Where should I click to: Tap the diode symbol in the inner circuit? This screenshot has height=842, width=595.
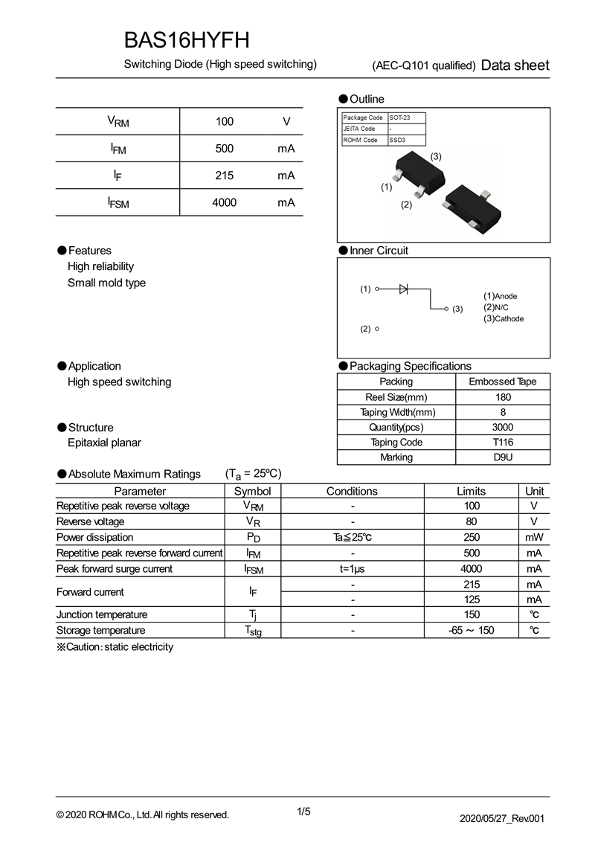click(403, 289)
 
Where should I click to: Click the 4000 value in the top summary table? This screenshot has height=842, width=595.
click(224, 202)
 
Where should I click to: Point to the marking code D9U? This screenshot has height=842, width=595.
click(503, 457)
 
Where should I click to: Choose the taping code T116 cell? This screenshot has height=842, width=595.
click(503, 442)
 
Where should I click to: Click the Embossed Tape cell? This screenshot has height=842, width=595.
click(503, 382)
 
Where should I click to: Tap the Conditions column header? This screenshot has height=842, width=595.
click(352, 491)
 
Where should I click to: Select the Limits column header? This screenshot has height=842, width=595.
click(471, 491)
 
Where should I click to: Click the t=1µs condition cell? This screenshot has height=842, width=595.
click(352, 569)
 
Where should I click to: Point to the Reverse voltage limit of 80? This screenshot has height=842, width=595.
click(471, 521)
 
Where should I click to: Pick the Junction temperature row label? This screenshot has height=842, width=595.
click(102, 614)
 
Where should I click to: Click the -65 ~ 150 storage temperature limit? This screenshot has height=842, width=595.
click(471, 631)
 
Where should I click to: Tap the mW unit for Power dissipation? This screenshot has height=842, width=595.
click(534, 537)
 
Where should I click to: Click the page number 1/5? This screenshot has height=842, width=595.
click(303, 812)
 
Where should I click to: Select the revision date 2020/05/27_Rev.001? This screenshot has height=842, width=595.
click(503, 818)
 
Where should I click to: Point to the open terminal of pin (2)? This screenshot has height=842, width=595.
click(378, 329)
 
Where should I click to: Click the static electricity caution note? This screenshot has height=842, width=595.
click(115, 647)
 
